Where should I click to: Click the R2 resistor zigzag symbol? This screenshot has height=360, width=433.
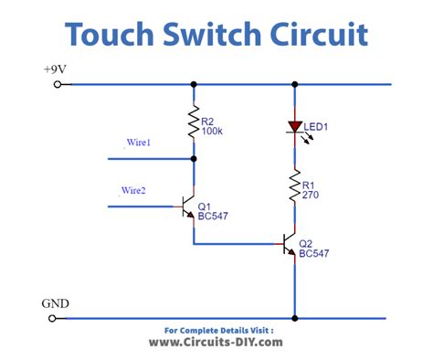point(194,122)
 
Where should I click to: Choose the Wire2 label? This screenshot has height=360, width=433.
point(133,190)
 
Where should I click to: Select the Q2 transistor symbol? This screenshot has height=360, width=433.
point(290,244)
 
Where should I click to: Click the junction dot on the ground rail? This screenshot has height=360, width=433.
point(294,318)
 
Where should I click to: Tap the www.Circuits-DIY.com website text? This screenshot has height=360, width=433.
point(216,343)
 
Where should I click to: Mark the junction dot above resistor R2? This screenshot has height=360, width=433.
point(194,84)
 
